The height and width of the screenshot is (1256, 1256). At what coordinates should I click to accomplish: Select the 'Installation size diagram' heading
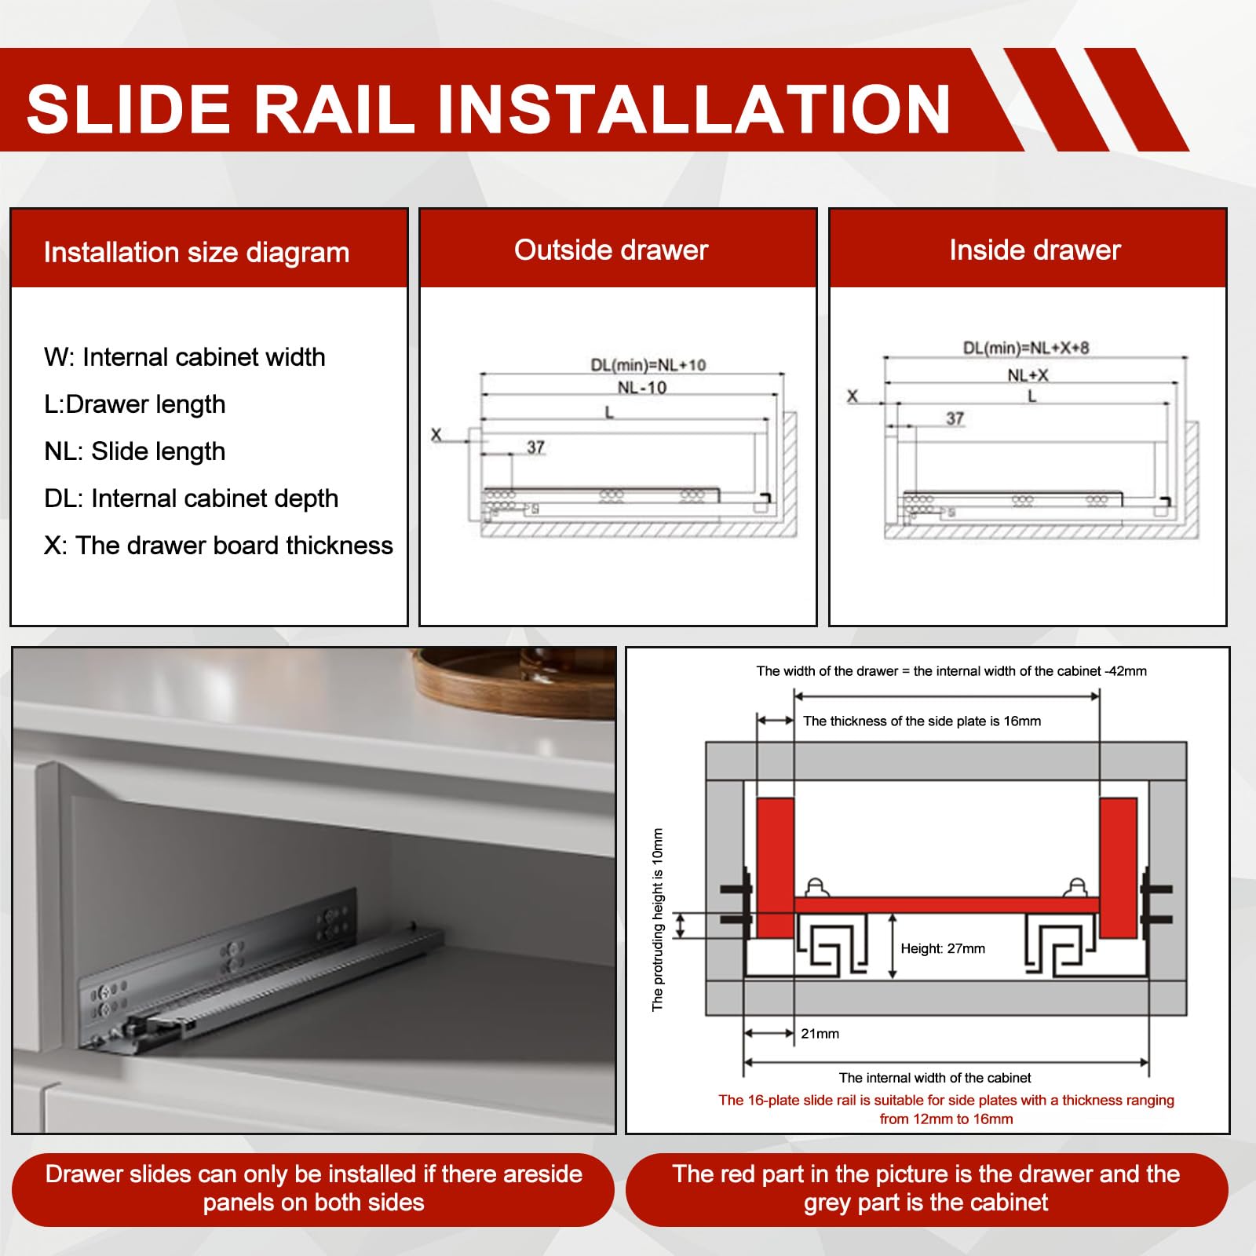coord(196,253)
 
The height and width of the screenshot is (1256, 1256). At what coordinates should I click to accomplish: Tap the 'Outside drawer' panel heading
coord(611,250)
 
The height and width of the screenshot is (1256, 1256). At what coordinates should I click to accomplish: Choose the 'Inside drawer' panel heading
coord(1035,250)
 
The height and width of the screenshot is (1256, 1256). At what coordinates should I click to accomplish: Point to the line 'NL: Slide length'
coord(135,451)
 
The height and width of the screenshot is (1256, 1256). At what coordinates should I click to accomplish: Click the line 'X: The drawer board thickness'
coord(218,545)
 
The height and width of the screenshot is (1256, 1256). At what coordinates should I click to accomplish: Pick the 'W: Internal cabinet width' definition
coord(184,357)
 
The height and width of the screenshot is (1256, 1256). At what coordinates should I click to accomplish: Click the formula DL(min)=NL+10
coord(648,365)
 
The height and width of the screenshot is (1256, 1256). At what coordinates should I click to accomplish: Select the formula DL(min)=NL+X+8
coord(1026,348)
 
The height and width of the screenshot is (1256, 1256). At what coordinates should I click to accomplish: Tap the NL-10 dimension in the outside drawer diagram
coord(642,388)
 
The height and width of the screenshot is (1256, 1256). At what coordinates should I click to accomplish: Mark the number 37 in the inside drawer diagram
coord(955,418)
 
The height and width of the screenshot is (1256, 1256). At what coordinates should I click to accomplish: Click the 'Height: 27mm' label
coord(943,948)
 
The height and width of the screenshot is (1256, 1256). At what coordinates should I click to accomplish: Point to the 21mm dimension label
coord(820,1034)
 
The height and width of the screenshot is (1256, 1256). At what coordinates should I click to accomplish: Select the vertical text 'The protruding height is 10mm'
coord(658,920)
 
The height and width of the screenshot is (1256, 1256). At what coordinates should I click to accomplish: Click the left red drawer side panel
coord(775,867)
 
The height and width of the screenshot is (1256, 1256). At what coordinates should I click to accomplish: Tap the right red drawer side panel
coord(1119,867)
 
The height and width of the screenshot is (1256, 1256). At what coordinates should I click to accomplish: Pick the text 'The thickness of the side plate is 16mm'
coord(922,721)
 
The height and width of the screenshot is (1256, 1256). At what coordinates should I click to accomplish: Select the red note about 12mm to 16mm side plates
coord(946,1109)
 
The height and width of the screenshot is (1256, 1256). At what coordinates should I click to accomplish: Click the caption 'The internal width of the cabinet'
coord(935,1078)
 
